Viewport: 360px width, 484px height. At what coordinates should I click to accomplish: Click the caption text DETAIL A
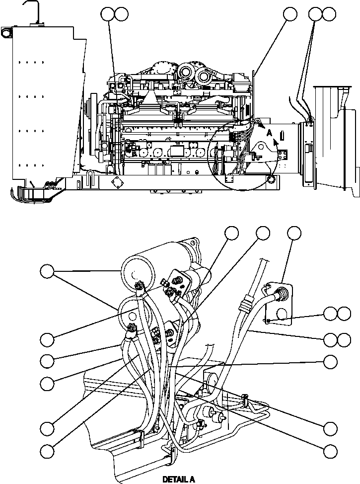click(179, 480)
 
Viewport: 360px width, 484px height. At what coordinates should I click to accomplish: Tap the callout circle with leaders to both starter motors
click(47, 271)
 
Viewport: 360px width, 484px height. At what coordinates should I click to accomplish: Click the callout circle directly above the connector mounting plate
click(294, 233)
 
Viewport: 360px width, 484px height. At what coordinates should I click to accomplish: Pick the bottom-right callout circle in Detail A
click(330, 451)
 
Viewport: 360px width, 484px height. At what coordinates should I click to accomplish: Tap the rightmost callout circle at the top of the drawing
click(328, 14)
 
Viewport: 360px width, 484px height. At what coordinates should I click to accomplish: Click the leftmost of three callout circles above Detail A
click(231, 233)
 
